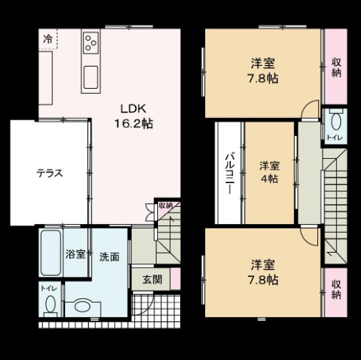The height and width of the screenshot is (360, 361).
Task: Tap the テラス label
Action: tap(50, 172)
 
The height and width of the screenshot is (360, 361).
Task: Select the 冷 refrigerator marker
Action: tap(47, 39)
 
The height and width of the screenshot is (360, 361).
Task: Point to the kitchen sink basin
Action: tap(91, 74)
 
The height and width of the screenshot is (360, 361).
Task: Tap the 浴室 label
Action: tap(75, 254)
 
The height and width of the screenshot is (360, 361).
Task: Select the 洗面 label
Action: tap(109, 256)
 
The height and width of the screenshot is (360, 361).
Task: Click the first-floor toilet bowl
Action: tap(51, 305)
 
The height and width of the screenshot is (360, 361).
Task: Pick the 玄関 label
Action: tap(151, 279)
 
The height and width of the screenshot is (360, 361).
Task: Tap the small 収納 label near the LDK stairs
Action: tap(165, 205)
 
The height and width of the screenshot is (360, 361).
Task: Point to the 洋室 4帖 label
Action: tap(269, 172)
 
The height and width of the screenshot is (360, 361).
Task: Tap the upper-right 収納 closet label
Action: tap(336, 68)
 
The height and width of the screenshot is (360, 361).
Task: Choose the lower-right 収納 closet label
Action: tap(336, 288)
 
